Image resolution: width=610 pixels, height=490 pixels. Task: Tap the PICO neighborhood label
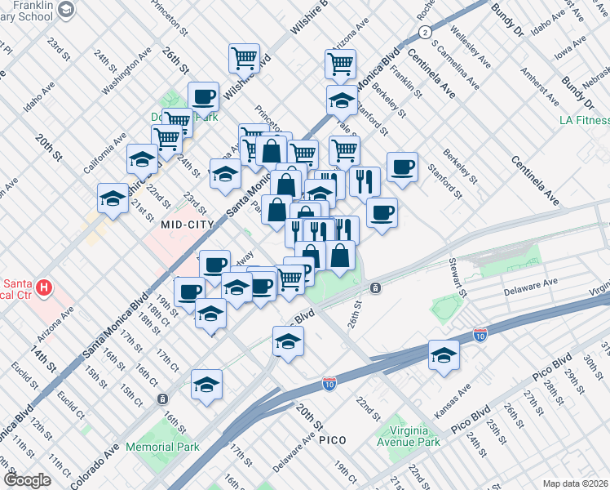333,440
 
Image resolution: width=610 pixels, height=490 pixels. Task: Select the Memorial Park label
163,447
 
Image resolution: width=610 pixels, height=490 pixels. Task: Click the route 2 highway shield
425,32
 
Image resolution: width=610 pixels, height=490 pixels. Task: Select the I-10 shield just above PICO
329,383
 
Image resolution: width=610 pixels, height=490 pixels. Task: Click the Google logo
27,480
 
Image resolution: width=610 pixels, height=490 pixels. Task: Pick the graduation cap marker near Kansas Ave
444,355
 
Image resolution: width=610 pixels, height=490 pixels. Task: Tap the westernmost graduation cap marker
113,197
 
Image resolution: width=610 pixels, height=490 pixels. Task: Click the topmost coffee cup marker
203,96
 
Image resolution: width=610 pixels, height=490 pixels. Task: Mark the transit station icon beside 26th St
375,287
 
